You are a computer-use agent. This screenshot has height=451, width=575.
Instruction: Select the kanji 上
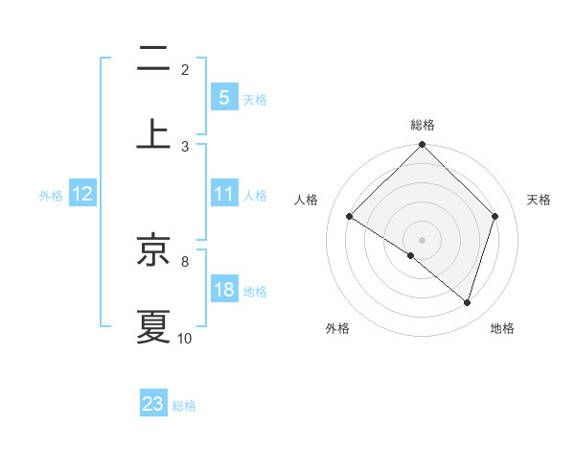(153, 132)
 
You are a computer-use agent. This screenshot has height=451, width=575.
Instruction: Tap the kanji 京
(153, 251)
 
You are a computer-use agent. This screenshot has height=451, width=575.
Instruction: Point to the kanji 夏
(153, 326)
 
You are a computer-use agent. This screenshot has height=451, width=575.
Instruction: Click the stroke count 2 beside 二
(185, 70)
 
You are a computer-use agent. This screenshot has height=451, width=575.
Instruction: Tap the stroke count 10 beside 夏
(185, 338)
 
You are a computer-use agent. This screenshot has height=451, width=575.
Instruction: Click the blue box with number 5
(223, 98)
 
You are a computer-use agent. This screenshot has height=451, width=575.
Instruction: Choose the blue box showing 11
(223, 194)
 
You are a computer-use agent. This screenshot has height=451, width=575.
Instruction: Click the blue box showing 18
(223, 290)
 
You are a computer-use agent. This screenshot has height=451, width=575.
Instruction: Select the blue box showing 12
(82, 194)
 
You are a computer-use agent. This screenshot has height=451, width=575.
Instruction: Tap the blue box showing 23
(153, 404)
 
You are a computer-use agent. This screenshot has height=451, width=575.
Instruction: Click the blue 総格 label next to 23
(185, 406)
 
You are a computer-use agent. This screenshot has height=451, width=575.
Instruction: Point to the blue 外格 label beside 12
(51, 196)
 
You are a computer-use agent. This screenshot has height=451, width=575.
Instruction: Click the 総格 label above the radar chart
(422, 125)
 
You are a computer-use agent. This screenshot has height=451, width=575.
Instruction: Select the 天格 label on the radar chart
(539, 200)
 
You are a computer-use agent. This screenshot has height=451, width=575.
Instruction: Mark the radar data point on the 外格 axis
(411, 255)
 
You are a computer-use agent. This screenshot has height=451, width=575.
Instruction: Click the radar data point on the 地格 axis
(468, 302)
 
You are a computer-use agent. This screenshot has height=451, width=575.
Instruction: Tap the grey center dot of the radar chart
(422, 239)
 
